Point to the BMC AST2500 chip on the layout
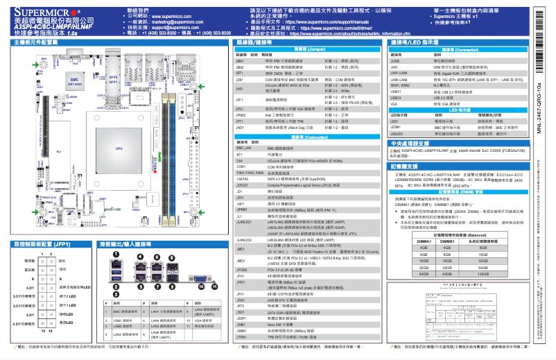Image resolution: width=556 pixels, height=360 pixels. tap(74, 81)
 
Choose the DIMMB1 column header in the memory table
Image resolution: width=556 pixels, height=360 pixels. tap(446, 239)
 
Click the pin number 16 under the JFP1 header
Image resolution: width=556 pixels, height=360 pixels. tap(53, 332)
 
